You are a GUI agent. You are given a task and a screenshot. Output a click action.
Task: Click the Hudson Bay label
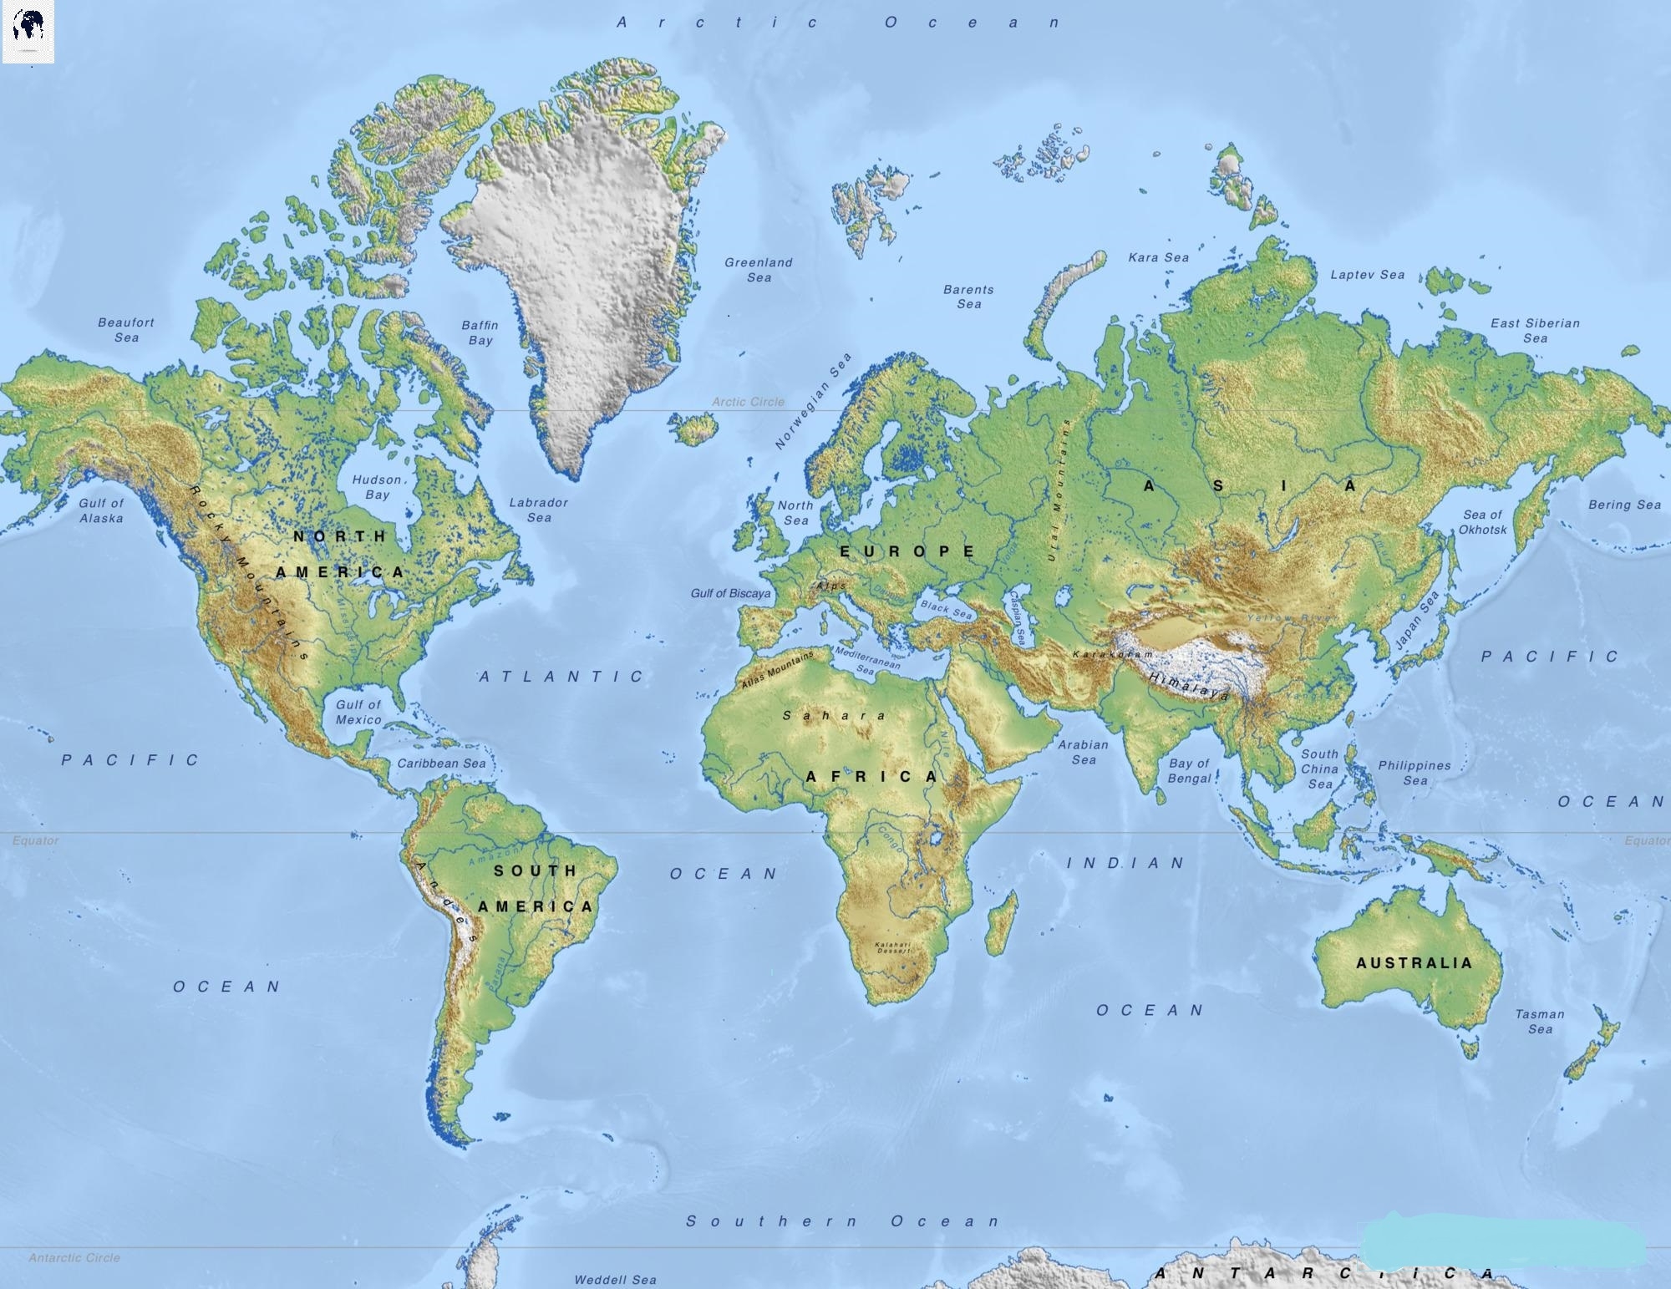pyautogui.click(x=377, y=487)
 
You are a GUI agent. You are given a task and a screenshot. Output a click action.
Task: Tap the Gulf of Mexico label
pyautogui.click(x=358, y=712)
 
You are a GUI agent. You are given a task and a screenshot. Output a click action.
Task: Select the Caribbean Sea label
pyautogui.click(x=441, y=763)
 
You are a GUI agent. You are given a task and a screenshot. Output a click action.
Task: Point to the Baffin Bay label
pyautogui.click(x=480, y=332)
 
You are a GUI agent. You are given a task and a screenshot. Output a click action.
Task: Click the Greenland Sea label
pyautogui.click(x=759, y=270)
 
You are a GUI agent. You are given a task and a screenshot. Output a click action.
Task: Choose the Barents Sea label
pyautogui.click(x=968, y=297)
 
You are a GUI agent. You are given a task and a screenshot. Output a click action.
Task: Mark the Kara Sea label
pyautogui.click(x=1158, y=257)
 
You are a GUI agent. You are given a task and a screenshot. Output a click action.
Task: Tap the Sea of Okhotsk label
pyautogui.click(x=1483, y=522)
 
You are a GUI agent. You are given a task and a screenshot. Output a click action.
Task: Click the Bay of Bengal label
pyautogui.click(x=1189, y=770)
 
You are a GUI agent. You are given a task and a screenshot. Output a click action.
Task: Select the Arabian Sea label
pyautogui.click(x=1084, y=752)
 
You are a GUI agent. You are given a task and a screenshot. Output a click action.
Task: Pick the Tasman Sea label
pyautogui.click(x=1540, y=1021)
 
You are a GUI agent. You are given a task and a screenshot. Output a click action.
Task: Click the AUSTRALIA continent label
pyautogui.click(x=1414, y=963)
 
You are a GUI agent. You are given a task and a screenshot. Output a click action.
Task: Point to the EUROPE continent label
pyautogui.click(x=907, y=551)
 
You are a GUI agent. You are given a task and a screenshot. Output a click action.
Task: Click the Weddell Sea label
pyautogui.click(x=615, y=1279)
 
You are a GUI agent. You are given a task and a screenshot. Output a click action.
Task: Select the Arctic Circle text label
pyautogui.click(x=748, y=402)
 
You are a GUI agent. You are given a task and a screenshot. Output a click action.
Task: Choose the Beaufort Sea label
pyautogui.click(x=126, y=329)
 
